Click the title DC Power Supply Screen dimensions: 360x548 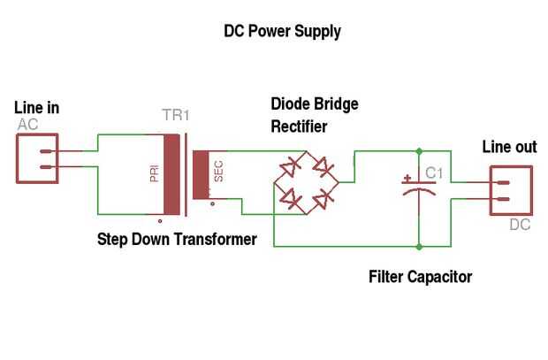(x=282, y=32)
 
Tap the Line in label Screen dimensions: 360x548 (x=37, y=108)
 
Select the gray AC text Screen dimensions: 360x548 (x=27, y=125)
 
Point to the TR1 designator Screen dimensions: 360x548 (x=176, y=116)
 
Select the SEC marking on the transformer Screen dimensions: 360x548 (x=218, y=171)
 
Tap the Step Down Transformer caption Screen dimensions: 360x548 (x=177, y=240)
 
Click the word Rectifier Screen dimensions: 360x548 (x=299, y=126)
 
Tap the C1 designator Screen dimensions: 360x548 (x=434, y=172)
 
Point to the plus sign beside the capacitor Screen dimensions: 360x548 (x=406, y=178)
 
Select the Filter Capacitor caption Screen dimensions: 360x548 (x=420, y=277)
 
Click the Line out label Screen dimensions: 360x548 (x=508, y=148)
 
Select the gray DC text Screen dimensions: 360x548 (x=520, y=225)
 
